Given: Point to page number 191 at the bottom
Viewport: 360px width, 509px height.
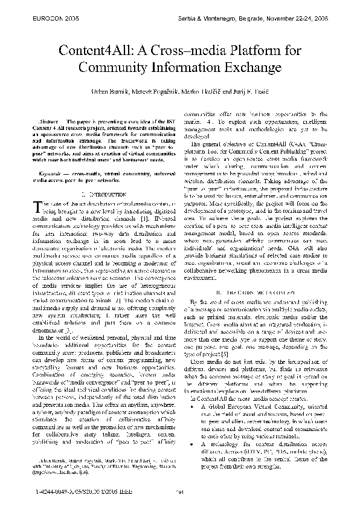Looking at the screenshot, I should (x=179, y=491).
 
